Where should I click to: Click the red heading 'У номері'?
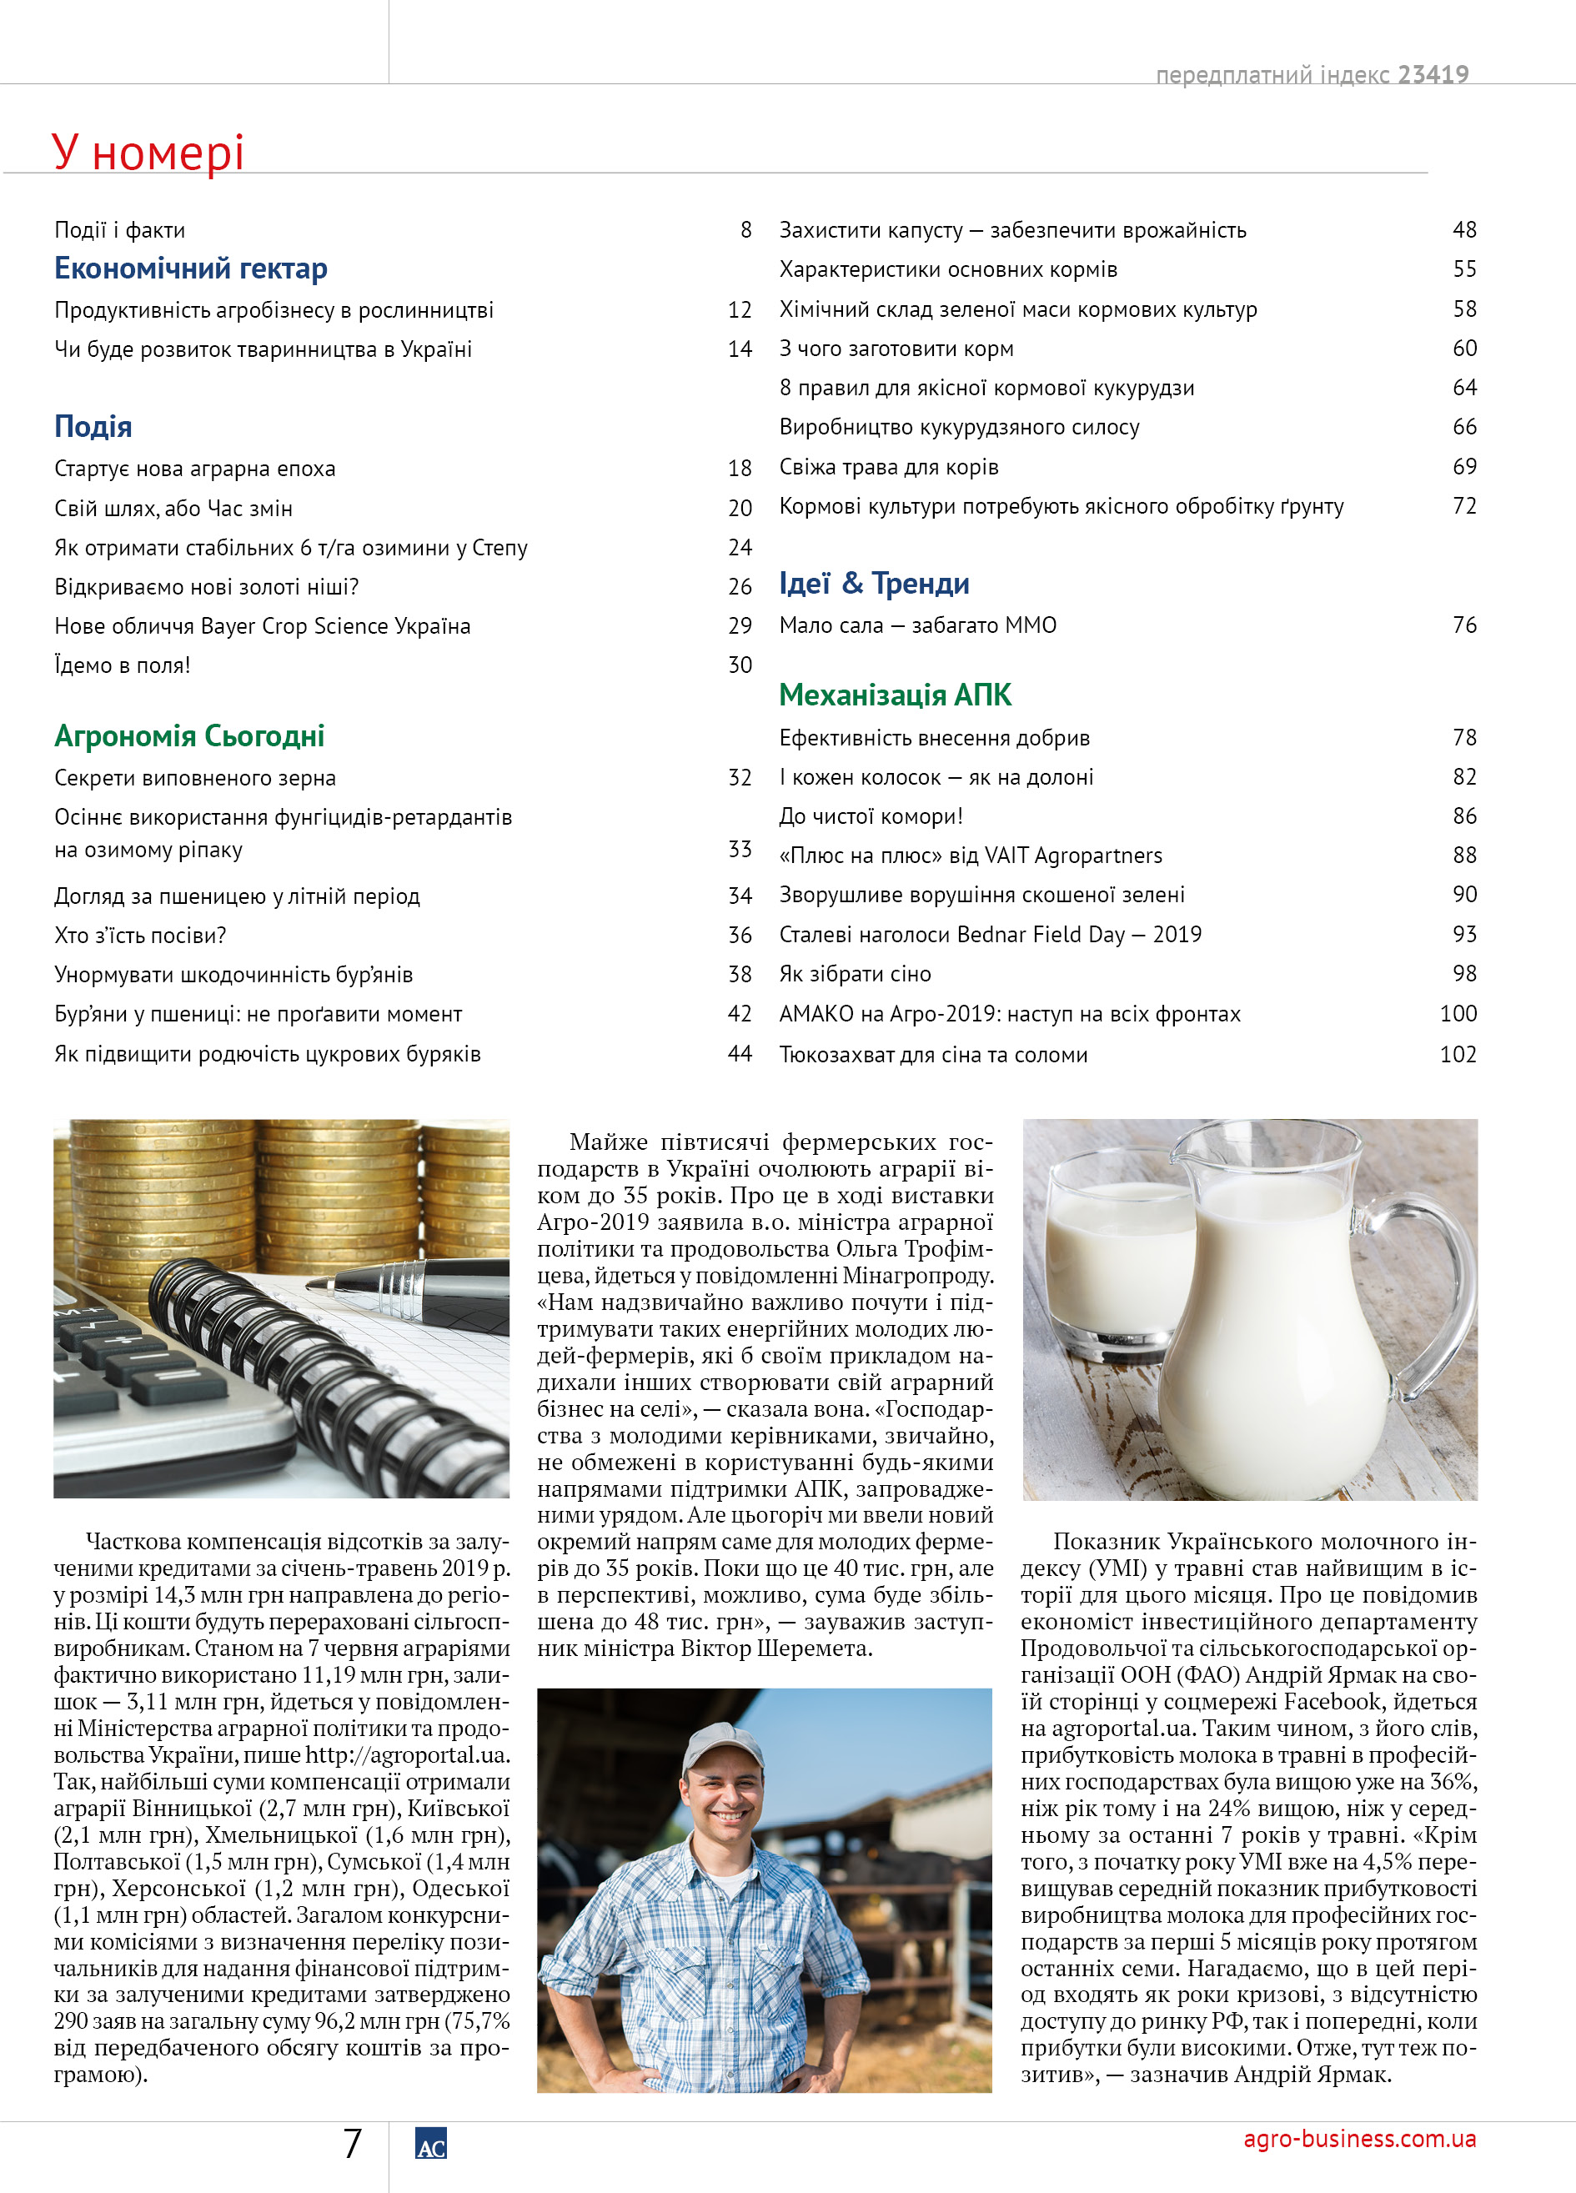tap(148, 152)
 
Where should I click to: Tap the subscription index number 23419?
tap(1433, 74)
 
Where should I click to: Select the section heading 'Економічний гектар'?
tap(190, 268)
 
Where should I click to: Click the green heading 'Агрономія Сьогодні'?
tap(189, 735)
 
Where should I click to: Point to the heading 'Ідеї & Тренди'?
tap(874, 583)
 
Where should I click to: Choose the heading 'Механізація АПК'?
tap(896, 695)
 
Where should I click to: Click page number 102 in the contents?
tap(1458, 1054)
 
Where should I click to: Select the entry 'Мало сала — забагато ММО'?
tap(917, 625)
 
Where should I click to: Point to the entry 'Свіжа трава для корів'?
tap(889, 467)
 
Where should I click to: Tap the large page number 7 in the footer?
tap(353, 2144)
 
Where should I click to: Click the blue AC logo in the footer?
tap(430, 2144)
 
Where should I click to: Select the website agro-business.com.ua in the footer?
tap(1359, 2138)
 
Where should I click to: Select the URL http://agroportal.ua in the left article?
tap(406, 1755)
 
